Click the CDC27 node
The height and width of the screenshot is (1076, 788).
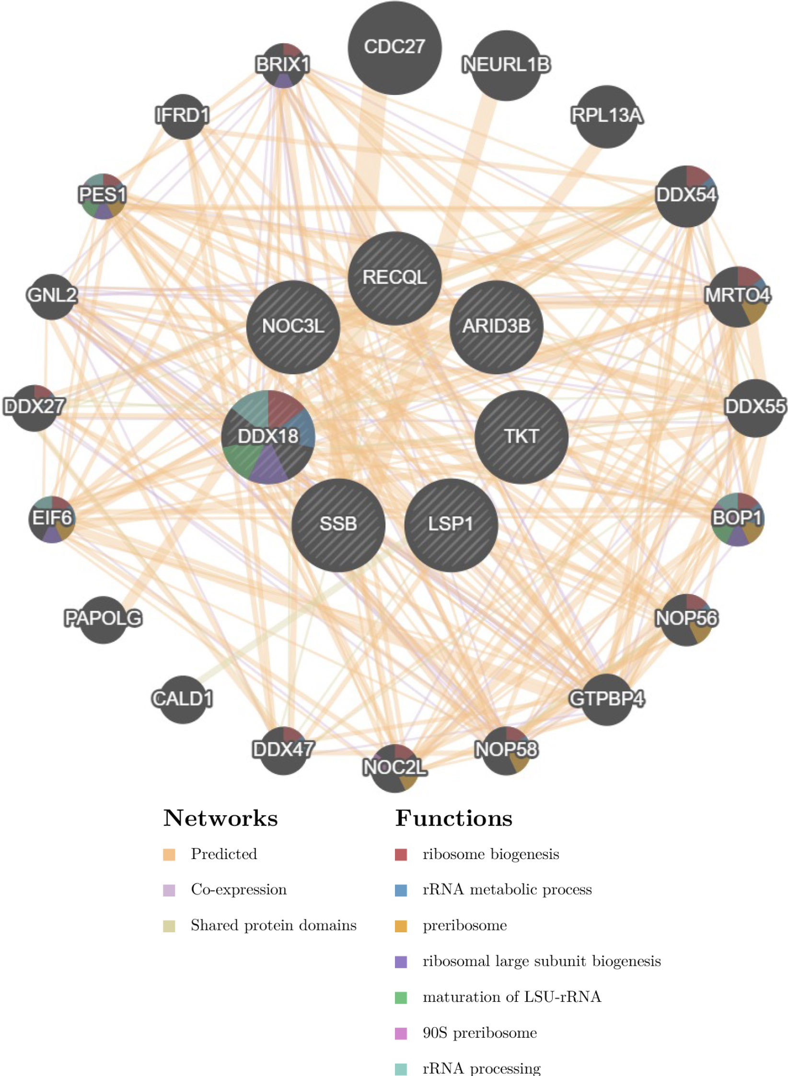click(x=394, y=47)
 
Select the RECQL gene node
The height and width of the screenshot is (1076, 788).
click(x=394, y=278)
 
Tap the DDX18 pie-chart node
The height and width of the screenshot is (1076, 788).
click(x=268, y=437)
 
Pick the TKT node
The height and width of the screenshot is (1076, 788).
click(x=521, y=437)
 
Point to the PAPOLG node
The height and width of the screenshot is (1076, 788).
click(x=103, y=619)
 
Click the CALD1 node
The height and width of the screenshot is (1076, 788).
click(x=182, y=699)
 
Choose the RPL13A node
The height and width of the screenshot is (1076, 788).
click(x=606, y=116)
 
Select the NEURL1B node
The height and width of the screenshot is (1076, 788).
click(x=506, y=66)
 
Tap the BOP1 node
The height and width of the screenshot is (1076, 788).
click(x=737, y=519)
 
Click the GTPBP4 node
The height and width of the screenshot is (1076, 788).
click(x=606, y=699)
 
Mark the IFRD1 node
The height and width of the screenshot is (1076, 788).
click(x=183, y=116)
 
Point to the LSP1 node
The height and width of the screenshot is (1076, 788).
click(x=451, y=525)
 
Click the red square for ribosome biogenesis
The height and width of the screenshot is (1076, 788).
click(x=401, y=854)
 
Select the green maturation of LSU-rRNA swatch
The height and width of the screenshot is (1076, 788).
click(x=401, y=997)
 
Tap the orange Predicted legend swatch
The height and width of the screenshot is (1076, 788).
click(x=169, y=854)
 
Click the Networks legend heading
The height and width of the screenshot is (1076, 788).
click(x=220, y=818)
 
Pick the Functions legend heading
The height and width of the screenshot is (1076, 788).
click(x=453, y=818)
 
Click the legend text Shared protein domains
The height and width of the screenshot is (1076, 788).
click(x=273, y=925)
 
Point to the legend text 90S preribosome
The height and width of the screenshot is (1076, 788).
click(x=479, y=1033)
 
